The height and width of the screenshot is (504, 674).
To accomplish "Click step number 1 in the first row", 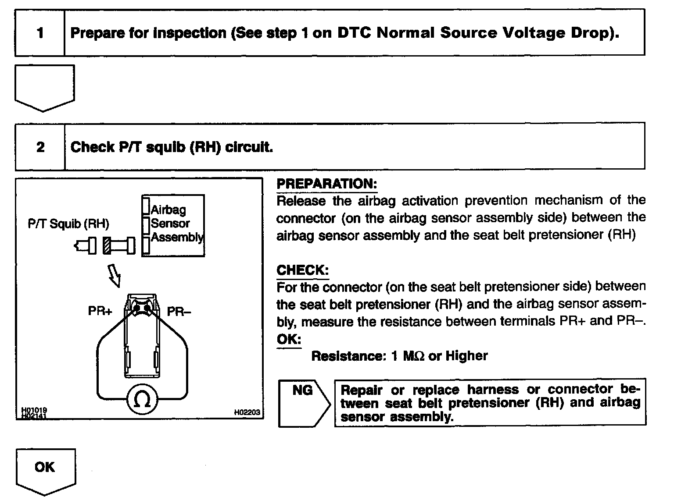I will click(40, 33).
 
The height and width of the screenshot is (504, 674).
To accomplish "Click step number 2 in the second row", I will click(40, 147).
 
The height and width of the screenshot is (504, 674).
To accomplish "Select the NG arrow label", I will click(303, 390).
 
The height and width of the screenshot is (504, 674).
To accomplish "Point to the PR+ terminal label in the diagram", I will click(100, 311).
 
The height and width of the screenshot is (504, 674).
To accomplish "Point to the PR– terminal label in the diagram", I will click(179, 312).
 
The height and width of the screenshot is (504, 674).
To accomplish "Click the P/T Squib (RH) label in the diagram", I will click(68, 224).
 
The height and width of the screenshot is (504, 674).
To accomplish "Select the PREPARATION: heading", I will click(327, 184).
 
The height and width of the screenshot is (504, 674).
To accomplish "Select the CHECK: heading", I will click(302, 270).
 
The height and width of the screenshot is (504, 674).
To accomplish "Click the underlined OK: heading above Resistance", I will click(289, 339).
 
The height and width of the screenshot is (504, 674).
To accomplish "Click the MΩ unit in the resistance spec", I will click(414, 356).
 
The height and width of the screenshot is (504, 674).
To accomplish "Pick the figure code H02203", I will click(247, 412).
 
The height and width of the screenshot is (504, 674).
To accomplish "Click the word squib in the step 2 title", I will click(166, 147).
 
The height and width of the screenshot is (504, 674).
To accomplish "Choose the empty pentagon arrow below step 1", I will click(45, 87).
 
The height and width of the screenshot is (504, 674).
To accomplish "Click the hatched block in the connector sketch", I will click(107, 245).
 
